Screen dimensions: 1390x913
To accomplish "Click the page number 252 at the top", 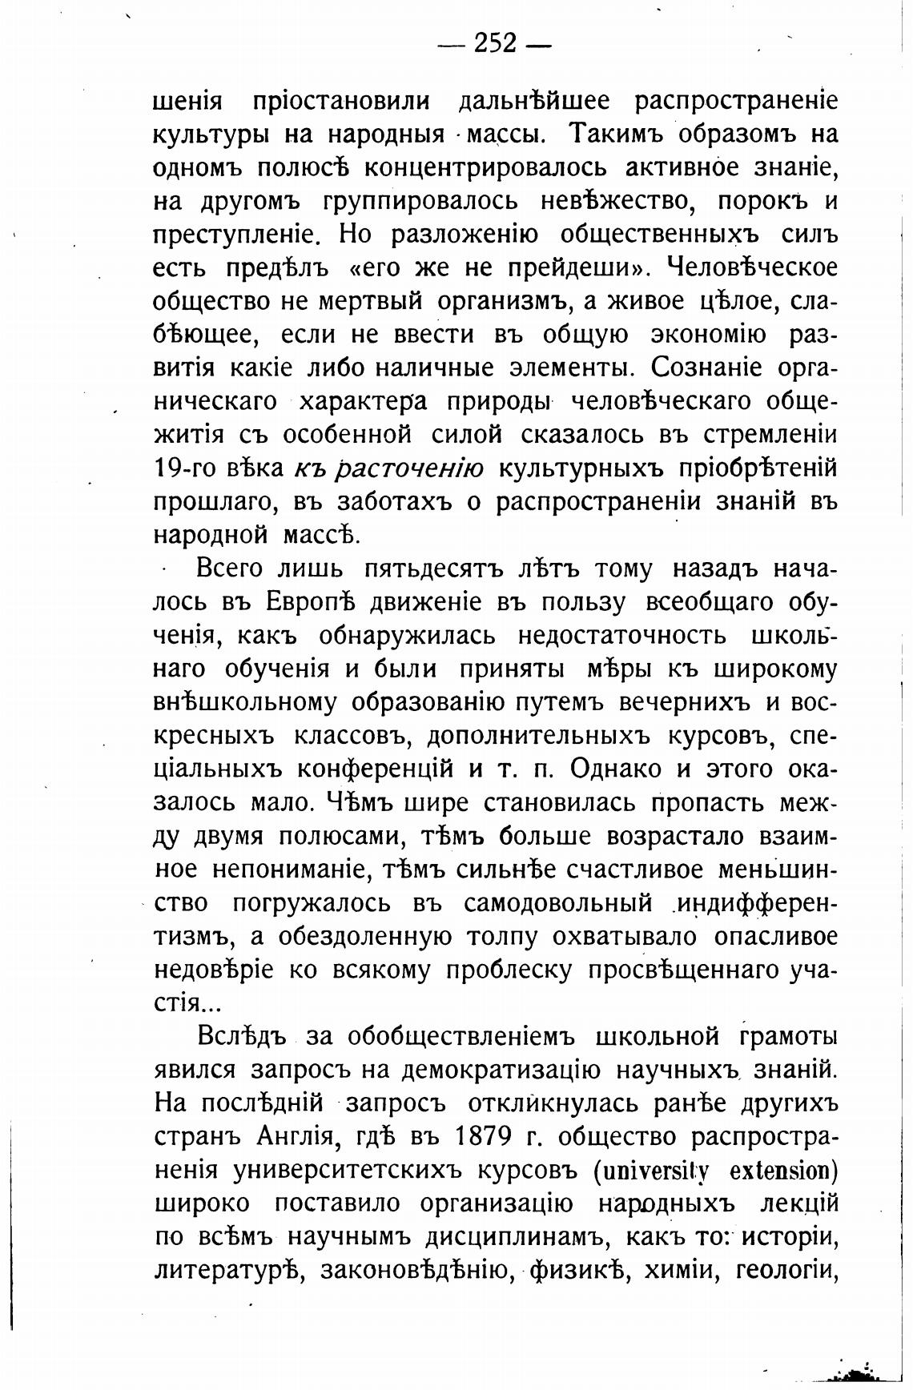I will (x=495, y=43).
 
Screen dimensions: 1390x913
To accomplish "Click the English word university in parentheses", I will (x=654, y=1171).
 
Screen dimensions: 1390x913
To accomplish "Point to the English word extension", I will (x=780, y=1171).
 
